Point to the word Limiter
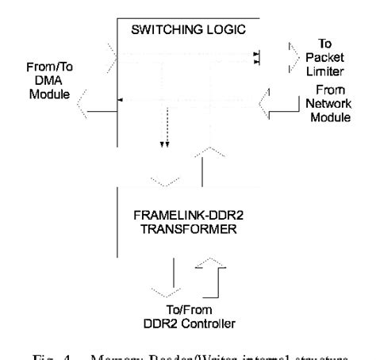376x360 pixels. tap(336, 70)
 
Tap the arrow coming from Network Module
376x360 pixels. tap(277, 101)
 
